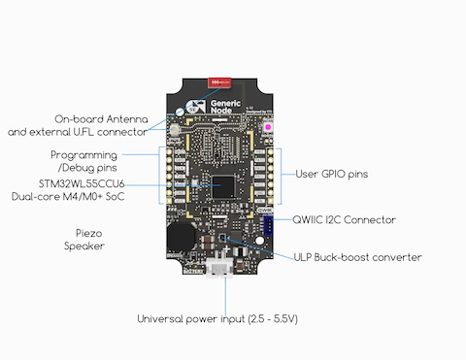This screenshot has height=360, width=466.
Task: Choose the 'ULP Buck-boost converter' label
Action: [357, 257]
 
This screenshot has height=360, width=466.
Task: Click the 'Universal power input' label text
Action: [193, 318]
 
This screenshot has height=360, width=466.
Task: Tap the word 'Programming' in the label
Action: [83, 155]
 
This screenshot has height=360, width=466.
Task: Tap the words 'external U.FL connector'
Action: [89, 130]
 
